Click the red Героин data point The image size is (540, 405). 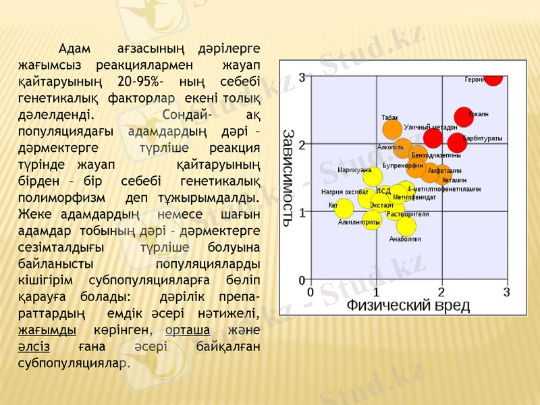(493, 77)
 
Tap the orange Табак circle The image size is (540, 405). (392, 129)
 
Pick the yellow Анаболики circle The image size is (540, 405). (406, 226)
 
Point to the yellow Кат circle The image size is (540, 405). (344, 207)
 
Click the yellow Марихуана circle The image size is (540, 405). (373, 178)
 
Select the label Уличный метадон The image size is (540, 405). (431, 127)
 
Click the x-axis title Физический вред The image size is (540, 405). (408, 305)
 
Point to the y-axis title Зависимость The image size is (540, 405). (288, 175)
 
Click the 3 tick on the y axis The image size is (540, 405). (302, 77)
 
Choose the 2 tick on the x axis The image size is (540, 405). (441, 292)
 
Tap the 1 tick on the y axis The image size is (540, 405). (302, 211)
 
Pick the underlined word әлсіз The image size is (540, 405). (33, 346)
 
